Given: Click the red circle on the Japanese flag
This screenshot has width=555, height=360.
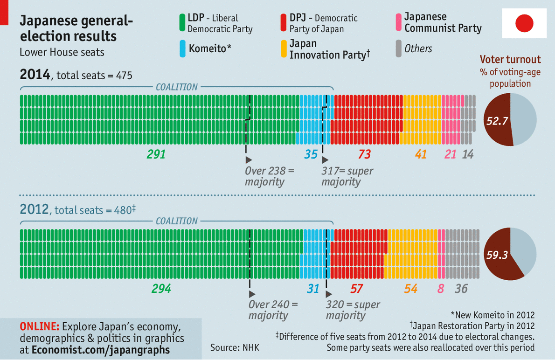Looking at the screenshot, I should click(524, 23).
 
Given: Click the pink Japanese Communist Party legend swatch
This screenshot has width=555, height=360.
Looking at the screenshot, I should click(398, 23).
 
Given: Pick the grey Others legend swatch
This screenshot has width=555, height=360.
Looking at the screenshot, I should click(398, 48).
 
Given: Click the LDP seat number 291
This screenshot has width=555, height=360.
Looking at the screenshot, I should click(156, 154).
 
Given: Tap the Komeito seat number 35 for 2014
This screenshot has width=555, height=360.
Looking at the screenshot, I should click(311, 154).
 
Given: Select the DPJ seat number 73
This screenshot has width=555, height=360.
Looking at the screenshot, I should click(365, 154).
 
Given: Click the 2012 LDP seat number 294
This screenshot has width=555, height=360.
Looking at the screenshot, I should click(161, 289).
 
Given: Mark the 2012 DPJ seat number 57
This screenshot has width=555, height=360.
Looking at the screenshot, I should click(356, 289).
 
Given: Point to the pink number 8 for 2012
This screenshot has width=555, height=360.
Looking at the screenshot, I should click(441, 289).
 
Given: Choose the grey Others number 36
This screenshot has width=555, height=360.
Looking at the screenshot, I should click(461, 289).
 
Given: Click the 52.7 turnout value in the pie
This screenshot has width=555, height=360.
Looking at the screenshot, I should click(497, 121).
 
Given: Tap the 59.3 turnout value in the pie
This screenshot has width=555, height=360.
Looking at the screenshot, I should click(497, 255).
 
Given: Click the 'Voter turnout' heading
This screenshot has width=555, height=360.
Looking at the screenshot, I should click(510, 60).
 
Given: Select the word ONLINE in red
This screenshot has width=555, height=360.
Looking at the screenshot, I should click(39, 326).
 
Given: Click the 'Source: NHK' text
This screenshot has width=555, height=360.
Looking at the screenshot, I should click(235, 347).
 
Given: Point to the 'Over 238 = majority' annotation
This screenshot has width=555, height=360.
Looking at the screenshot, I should click(270, 176).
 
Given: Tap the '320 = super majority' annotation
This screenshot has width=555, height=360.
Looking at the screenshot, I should click(353, 310).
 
